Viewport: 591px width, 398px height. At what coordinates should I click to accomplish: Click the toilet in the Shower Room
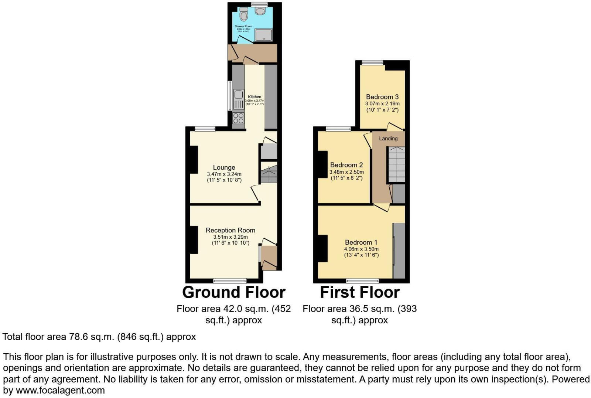pos(243,14)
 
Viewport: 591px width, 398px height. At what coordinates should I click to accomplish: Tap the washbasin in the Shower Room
pos(260,11)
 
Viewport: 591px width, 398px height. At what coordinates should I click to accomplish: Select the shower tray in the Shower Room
pos(264,35)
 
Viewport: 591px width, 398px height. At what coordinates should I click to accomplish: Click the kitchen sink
pos(239,99)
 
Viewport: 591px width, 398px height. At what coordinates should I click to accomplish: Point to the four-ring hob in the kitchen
pos(239,118)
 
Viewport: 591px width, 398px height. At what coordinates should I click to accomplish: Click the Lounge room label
pos(224,167)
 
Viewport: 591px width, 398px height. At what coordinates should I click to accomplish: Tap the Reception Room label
pos(230,230)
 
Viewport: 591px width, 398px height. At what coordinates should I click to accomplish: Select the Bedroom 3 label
pos(382,97)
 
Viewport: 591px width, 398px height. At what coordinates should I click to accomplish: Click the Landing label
pos(388,138)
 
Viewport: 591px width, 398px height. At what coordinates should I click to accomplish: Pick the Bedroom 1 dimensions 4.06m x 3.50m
pos(361,249)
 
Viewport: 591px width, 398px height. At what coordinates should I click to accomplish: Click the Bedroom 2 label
pos(346,165)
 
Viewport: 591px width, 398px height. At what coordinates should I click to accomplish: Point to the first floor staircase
pos(396,164)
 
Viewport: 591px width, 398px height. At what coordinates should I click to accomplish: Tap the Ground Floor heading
pos(234,292)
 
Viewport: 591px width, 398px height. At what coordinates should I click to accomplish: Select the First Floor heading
pos(360,292)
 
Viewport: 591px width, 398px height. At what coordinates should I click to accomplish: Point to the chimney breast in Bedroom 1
pos(322,248)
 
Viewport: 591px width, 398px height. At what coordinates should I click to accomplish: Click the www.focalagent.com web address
pos(60,390)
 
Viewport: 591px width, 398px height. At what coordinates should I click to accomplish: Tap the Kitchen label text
pos(254,97)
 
